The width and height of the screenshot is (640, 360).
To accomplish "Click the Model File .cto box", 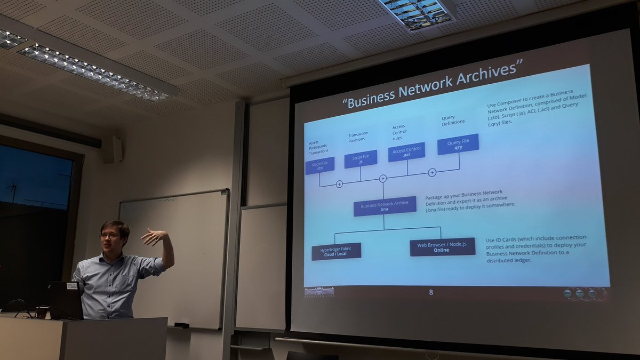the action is point(319,166).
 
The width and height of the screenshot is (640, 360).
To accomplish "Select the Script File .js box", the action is point(361,159).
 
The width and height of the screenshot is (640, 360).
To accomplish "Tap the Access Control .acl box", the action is point(406,152).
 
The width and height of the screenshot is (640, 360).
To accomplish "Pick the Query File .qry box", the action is point(458,144).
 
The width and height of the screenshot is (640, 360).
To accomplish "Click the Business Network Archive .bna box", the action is point(385,206).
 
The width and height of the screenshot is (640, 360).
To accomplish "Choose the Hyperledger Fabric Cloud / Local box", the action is point(336,251).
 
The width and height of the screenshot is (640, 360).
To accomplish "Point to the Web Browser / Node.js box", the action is point(442,247).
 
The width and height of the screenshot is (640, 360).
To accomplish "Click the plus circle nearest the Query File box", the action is point(432,172).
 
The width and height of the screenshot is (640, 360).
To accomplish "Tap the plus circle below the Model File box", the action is point(339,184).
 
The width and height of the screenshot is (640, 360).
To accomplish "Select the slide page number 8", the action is point(431,292).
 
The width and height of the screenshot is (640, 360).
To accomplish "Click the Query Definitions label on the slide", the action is point(453,119).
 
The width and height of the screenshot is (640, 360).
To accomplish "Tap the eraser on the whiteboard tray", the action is point(181,325).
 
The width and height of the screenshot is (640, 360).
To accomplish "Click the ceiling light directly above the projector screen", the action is point(418,13).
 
